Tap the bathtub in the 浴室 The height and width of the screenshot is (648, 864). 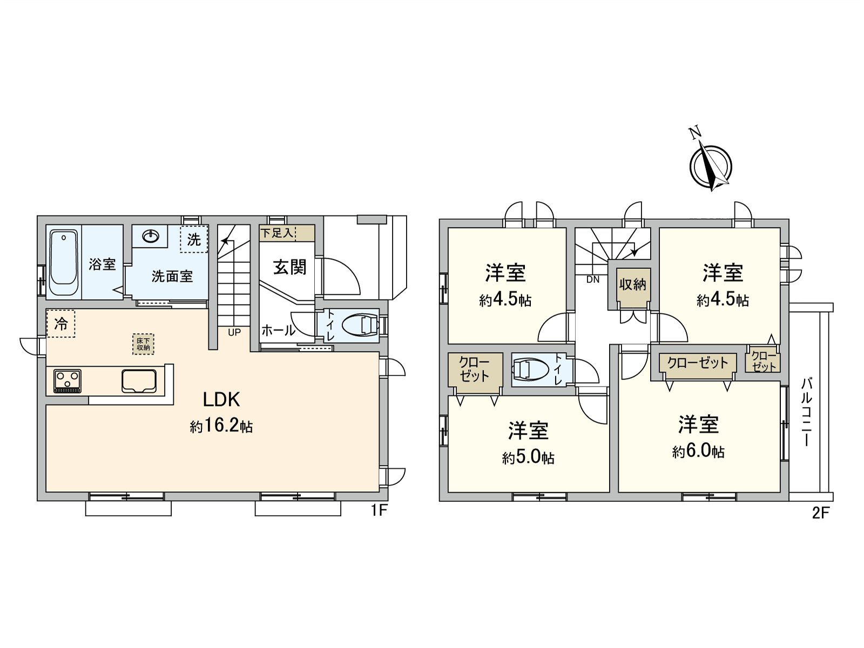click(x=64, y=263)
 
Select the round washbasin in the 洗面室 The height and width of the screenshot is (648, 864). click(x=150, y=237)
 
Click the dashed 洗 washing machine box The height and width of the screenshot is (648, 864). click(x=194, y=239)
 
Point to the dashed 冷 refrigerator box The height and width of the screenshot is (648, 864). click(x=60, y=323)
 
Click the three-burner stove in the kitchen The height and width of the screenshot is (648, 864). click(x=67, y=381)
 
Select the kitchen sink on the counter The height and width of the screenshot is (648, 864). click(x=139, y=381)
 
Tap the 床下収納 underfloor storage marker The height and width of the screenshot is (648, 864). click(x=143, y=344)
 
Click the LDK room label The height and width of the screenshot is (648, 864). click(x=221, y=400)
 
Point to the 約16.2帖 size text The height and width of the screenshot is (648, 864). click(x=221, y=427)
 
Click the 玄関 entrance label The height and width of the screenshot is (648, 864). click(x=289, y=267)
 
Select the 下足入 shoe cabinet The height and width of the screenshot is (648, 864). click(x=286, y=233)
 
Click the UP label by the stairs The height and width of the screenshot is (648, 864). click(x=234, y=333)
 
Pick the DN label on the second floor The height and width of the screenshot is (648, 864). click(x=592, y=280)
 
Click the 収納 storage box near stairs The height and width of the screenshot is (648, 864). click(x=632, y=285)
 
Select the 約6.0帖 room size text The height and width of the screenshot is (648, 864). click(x=699, y=451)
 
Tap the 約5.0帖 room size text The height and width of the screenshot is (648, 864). click(x=528, y=458)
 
